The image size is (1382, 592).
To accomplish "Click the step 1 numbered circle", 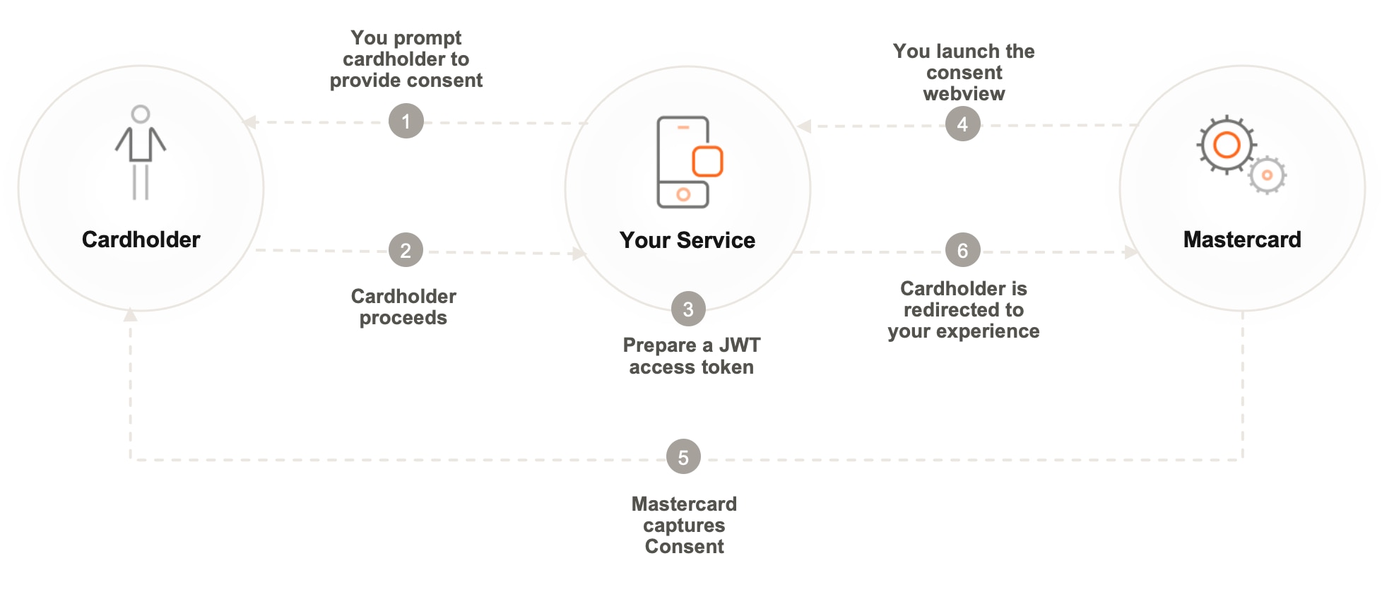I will pyautogui.click(x=406, y=122).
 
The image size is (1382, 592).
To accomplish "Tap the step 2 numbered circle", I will pyautogui.click(x=406, y=251).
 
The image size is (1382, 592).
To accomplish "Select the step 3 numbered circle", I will pyautogui.click(x=688, y=309).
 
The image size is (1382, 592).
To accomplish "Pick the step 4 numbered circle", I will pyautogui.click(x=962, y=124).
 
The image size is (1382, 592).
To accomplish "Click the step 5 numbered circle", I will pyautogui.click(x=683, y=458).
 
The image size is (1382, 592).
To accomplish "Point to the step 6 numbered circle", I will pyautogui.click(x=962, y=251).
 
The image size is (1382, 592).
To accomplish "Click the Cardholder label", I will pyautogui.click(x=141, y=239).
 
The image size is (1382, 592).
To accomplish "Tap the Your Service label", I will pyautogui.click(x=687, y=240).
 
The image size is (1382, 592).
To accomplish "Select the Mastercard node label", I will pyautogui.click(x=1241, y=239).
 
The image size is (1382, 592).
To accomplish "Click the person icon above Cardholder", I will pyautogui.click(x=141, y=153).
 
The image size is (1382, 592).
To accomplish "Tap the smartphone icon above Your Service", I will pyautogui.click(x=683, y=162).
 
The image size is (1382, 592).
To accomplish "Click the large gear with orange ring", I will pyautogui.click(x=1227, y=145).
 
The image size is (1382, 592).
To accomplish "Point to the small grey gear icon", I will pyautogui.click(x=1267, y=175).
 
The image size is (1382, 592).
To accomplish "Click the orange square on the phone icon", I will pyautogui.click(x=707, y=161).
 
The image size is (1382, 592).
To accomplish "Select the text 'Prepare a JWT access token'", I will pyautogui.click(x=691, y=356).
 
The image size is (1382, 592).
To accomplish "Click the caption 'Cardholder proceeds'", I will pyautogui.click(x=403, y=307).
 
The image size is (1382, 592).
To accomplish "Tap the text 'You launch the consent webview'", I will pyautogui.click(x=964, y=72).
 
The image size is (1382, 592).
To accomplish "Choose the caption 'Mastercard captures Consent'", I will pyautogui.click(x=684, y=525).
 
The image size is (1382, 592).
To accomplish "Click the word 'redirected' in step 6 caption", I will pyautogui.click(x=964, y=309).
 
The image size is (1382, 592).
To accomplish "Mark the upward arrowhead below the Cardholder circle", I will pyautogui.click(x=130, y=315).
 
